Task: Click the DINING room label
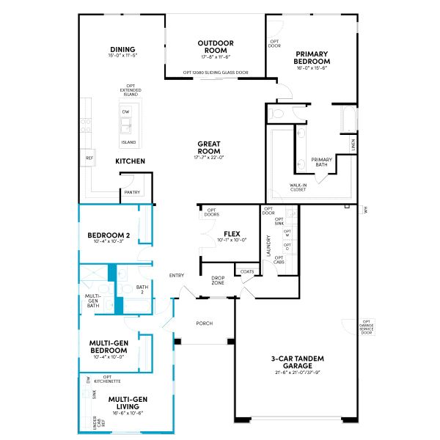pos(123,50)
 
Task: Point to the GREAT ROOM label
pos(209,147)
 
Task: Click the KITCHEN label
pos(130,161)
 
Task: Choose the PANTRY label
pos(132,192)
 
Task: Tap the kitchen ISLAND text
pos(128,142)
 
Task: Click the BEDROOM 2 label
pos(109,235)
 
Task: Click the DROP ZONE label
pos(218,280)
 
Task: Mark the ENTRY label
pos(177,276)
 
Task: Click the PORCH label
pos(204,323)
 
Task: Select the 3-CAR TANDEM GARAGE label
pos(297,362)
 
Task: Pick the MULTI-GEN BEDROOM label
pos(109,346)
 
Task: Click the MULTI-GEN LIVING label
pos(129,403)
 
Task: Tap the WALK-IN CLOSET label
pos(298,188)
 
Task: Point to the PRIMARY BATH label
pos(322,162)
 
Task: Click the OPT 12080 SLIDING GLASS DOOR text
pos(215,73)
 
